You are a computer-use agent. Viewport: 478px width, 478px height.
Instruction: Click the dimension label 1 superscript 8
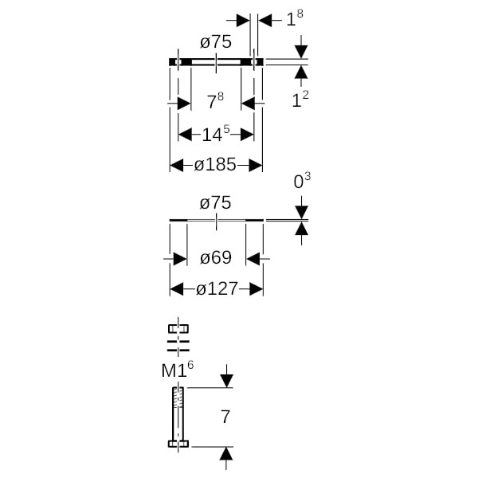294,19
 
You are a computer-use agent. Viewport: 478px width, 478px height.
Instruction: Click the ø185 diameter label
216,165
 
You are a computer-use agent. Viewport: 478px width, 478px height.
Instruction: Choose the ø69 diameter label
216,258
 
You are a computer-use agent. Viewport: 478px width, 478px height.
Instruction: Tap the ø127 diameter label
217,289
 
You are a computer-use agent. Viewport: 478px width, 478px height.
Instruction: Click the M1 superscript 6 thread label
178,370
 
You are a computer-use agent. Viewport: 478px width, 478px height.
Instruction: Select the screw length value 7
225,417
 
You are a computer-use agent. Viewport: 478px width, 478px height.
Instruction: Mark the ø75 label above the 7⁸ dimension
216,43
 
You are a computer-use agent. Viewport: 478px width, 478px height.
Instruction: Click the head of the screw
178,445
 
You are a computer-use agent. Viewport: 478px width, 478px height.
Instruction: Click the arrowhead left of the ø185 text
177,165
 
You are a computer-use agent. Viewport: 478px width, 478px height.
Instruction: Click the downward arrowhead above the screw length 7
226,381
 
